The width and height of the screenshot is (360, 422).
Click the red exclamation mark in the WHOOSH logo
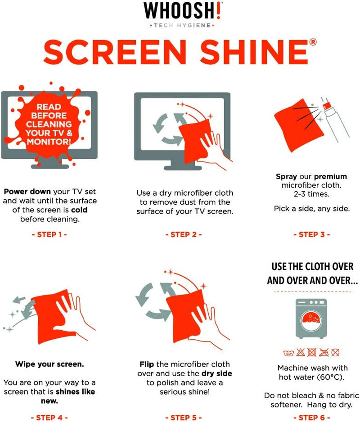tap(218, 10)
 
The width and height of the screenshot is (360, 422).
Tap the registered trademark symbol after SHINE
tap(313, 42)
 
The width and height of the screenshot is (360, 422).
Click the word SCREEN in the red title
tap(115, 52)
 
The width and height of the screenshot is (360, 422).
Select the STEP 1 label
tap(49, 234)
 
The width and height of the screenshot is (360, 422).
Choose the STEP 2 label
tap(184, 234)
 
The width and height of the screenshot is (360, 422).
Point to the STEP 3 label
tap(312, 234)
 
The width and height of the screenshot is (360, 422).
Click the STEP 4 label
tap(49, 418)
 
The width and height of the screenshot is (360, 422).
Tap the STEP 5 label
tap(184, 418)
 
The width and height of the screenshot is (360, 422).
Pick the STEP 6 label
tap(312, 418)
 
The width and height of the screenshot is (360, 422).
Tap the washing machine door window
tap(311, 320)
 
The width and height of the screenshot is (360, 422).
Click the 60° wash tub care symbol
tap(288, 353)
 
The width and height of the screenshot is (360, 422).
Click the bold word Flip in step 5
tap(147, 364)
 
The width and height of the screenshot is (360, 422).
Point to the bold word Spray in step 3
tap(286, 177)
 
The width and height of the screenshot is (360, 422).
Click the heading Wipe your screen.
tap(49, 364)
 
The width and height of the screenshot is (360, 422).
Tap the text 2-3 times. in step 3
tap(311, 194)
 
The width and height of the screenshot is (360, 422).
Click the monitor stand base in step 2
tap(183, 168)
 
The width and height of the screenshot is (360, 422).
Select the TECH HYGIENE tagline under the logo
tap(182, 26)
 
